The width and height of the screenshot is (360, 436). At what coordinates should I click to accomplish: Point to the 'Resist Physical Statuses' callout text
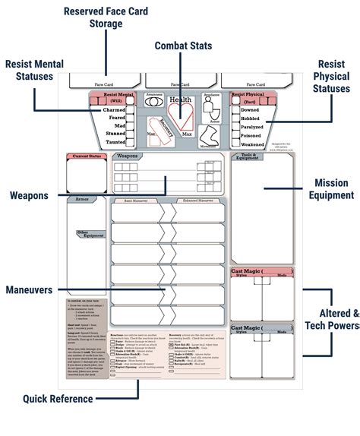[331, 77]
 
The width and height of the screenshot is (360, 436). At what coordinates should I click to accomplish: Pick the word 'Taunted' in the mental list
[115, 142]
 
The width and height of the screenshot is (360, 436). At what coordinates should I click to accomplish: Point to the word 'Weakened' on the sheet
[253, 143]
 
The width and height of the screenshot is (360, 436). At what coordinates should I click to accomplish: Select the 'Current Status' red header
[84, 156]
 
